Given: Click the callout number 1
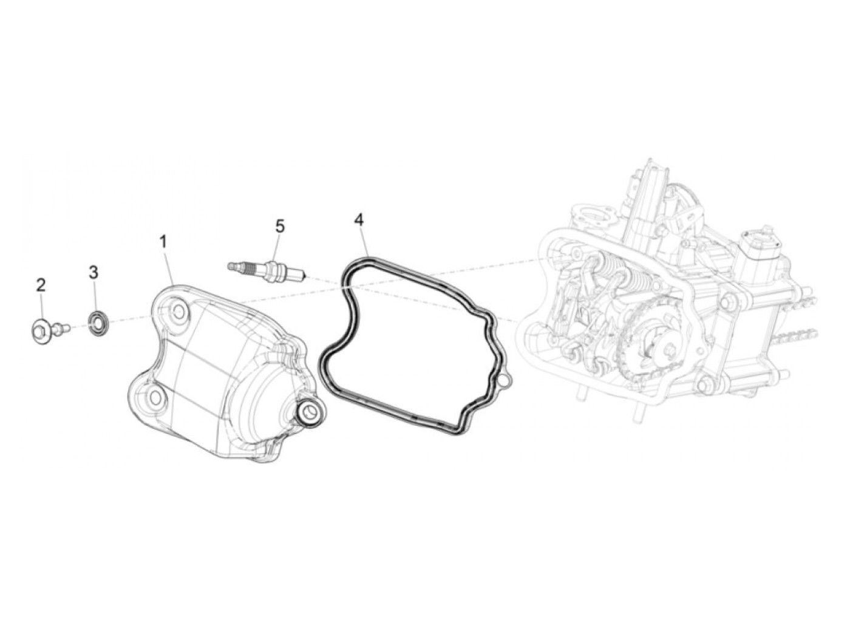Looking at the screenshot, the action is click(x=163, y=242).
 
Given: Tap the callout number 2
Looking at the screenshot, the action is click(x=41, y=285).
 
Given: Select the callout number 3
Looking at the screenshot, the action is click(x=93, y=272).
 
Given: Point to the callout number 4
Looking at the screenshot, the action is click(x=359, y=220).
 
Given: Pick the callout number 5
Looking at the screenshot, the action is click(x=280, y=226).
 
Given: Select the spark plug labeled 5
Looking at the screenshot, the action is click(x=267, y=268).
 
